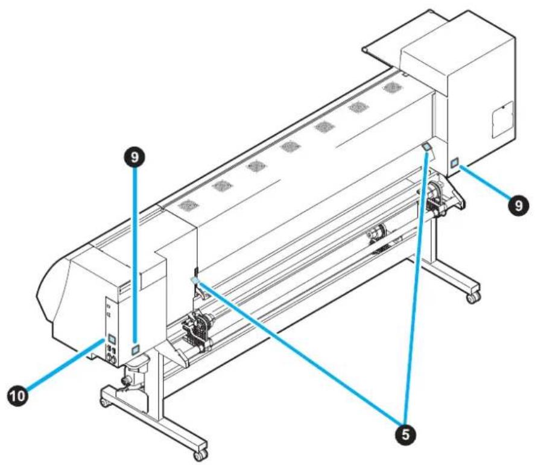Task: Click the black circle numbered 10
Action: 17,396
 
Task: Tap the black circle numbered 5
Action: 405,435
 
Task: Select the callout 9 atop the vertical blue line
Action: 135,157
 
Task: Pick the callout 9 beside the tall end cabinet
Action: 519,205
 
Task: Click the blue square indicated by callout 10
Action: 111,339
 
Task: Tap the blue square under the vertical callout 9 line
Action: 135,349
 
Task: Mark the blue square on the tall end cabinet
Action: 454,163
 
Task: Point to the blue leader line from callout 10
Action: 65,365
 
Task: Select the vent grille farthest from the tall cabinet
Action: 188,206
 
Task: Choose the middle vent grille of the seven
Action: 290,147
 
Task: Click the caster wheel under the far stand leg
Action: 473,298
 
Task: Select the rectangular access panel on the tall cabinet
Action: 502,119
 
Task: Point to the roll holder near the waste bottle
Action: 197,329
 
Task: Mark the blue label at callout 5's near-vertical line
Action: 426,147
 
